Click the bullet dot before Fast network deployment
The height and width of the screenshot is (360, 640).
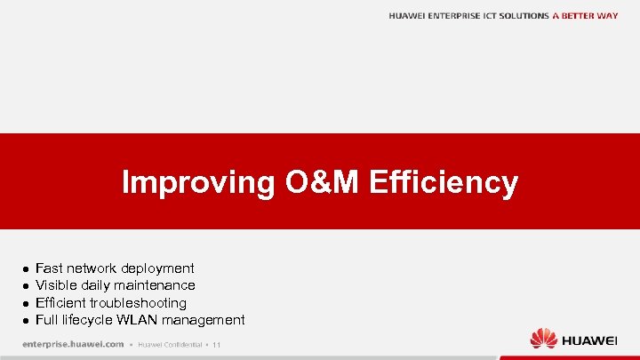click(27, 268)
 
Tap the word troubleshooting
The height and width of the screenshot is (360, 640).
click(138, 303)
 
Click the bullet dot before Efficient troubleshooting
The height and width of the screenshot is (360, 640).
click(27, 303)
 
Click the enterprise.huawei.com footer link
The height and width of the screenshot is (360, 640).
click(73, 344)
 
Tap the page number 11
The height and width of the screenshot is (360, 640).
click(216, 345)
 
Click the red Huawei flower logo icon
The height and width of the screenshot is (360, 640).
click(543, 339)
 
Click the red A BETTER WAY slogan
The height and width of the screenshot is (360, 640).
click(585, 16)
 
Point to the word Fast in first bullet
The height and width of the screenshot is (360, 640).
click(49, 268)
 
